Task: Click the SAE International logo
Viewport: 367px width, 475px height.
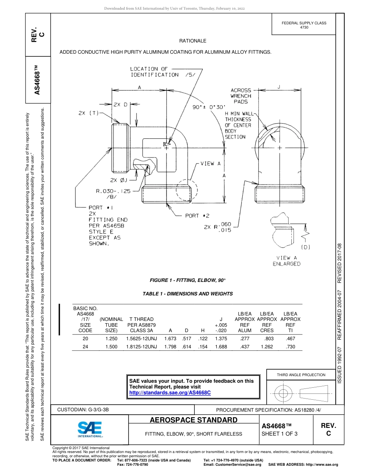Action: click(x=90, y=429)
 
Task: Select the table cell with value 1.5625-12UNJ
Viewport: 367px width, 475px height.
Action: click(x=141, y=338)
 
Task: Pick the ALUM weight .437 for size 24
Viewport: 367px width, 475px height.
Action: click(x=245, y=347)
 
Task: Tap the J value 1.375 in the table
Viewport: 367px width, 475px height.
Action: click(x=221, y=338)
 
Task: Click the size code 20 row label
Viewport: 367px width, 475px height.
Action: click(x=85, y=338)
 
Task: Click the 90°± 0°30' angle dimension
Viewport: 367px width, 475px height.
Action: click(x=209, y=107)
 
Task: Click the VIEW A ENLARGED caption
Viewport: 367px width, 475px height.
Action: click(x=286, y=261)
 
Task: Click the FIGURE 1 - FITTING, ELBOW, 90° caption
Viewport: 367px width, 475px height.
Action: click(x=187, y=280)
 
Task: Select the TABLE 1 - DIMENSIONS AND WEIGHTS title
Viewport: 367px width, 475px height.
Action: click(x=188, y=293)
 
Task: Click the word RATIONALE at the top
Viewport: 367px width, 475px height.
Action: click(x=193, y=41)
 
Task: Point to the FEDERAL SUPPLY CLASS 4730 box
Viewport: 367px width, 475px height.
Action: click(x=304, y=25)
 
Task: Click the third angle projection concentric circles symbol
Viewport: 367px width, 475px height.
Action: click(x=283, y=394)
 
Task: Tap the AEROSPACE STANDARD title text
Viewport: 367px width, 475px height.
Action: click(x=194, y=420)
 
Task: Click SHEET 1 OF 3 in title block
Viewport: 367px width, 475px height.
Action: click(x=280, y=434)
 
